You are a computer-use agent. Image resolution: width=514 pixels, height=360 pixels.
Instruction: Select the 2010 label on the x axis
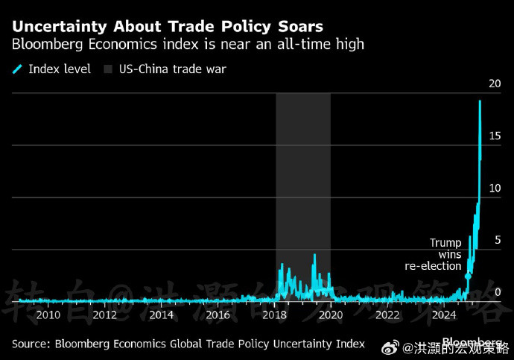[x=48, y=315]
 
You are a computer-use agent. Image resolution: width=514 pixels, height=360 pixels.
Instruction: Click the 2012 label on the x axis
[x=105, y=315]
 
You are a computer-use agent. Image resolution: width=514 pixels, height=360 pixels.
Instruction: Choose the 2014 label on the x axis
[x=162, y=315]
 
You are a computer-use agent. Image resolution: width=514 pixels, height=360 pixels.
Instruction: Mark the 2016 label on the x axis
[x=218, y=315]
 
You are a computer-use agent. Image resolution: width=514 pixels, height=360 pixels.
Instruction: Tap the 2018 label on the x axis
[x=275, y=315]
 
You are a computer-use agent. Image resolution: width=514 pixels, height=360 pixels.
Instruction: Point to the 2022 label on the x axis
[x=388, y=315]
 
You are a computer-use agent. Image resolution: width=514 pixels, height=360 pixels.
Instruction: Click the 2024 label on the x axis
[x=445, y=315]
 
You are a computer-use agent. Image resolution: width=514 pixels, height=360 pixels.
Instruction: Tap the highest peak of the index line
[x=480, y=101]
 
